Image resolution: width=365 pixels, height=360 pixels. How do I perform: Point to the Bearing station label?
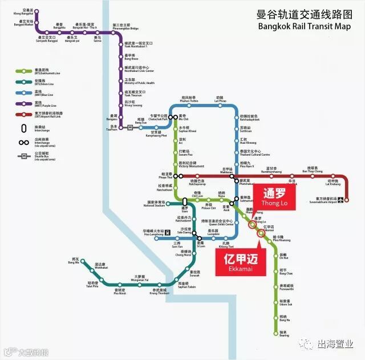point(284,334)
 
